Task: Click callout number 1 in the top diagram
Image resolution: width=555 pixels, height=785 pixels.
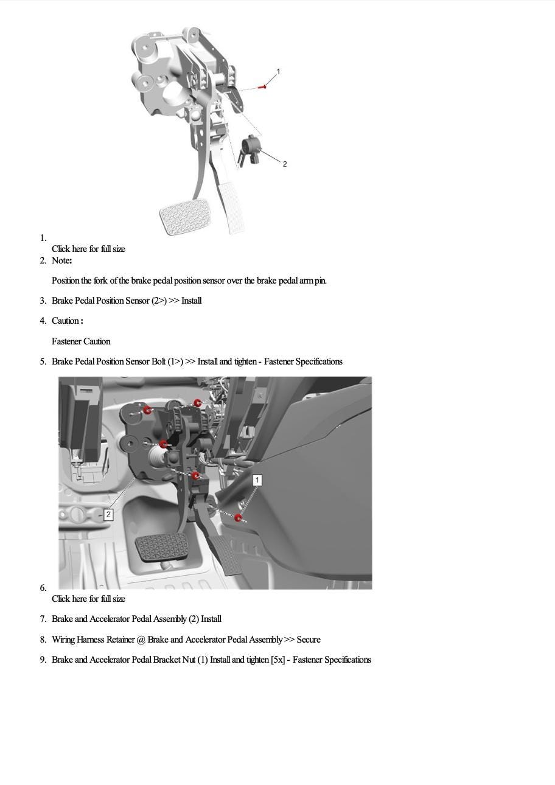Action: tap(278, 72)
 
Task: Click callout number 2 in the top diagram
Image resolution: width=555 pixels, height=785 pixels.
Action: tap(285, 164)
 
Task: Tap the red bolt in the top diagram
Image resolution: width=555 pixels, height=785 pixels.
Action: tap(263, 87)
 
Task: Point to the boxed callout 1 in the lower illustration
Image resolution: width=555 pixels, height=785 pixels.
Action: tap(257, 480)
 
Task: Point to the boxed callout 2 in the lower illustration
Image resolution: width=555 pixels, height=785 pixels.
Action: tap(108, 515)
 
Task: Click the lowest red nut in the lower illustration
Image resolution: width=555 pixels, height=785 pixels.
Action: tap(239, 518)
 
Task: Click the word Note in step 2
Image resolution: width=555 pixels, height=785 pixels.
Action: tap(61, 260)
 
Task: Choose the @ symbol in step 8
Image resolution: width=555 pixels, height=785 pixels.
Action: tap(141, 640)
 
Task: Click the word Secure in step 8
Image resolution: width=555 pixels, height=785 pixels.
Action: tap(309, 640)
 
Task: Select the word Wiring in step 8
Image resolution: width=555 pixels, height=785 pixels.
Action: tap(63, 640)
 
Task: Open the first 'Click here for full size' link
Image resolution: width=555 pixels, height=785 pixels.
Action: tap(88, 249)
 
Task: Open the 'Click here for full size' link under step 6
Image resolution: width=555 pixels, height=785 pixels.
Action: tap(88, 599)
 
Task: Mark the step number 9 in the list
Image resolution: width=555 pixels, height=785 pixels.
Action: tap(43, 660)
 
